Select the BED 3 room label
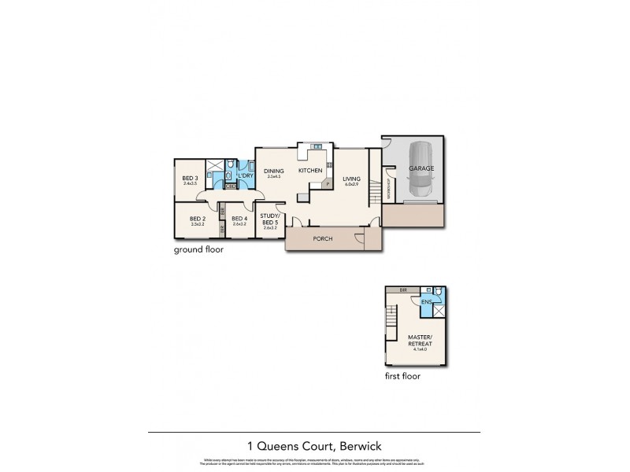[x=190, y=179]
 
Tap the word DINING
[x=273, y=171]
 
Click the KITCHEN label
[x=310, y=171]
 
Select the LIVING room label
[x=351, y=179]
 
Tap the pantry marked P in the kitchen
[x=328, y=183]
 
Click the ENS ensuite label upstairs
[x=426, y=301]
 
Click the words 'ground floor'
[x=199, y=250]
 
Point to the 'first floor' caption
[x=402, y=376]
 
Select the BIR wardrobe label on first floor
[x=402, y=289]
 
